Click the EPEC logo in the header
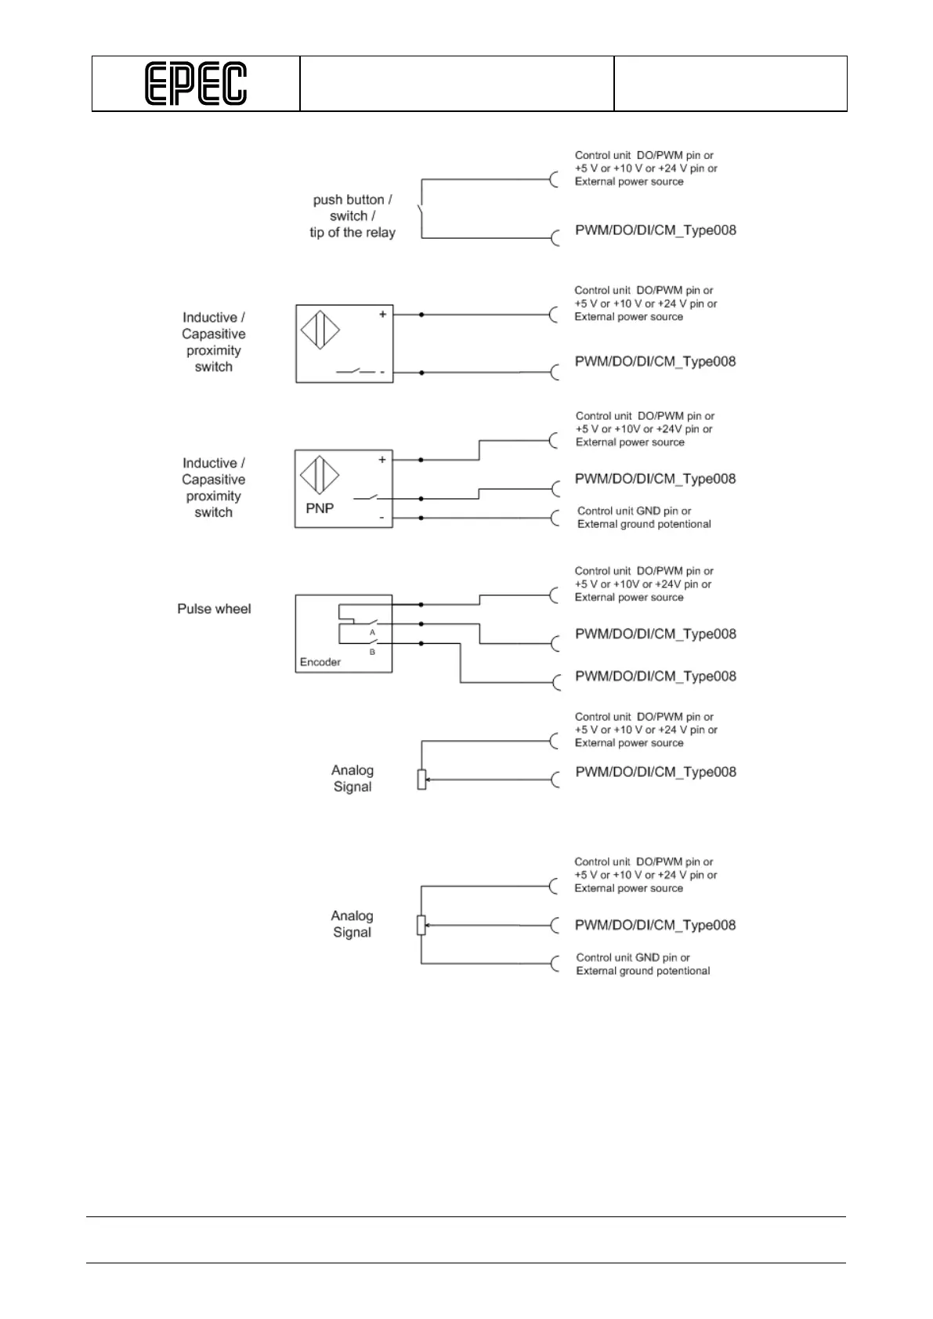tap(196, 84)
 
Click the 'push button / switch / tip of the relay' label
tap(352, 216)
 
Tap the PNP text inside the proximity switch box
tap(320, 508)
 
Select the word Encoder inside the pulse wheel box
tap(320, 662)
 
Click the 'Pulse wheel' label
tap(214, 609)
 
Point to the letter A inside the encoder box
tap(373, 631)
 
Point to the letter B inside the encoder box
tap(372, 652)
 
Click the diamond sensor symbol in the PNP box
tap(320, 475)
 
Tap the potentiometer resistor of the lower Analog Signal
tap(421, 925)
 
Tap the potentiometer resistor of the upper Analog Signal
tap(421, 779)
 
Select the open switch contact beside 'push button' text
tap(421, 213)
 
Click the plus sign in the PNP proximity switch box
tap(382, 460)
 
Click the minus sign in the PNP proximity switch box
tap(382, 518)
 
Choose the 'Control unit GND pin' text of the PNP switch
tap(643, 518)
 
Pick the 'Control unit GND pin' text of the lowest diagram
tap(642, 964)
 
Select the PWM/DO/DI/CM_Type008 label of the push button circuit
tap(656, 230)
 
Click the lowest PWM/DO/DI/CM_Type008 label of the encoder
tap(656, 676)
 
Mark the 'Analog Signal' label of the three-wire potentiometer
tap(352, 924)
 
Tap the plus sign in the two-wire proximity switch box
tap(383, 314)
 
